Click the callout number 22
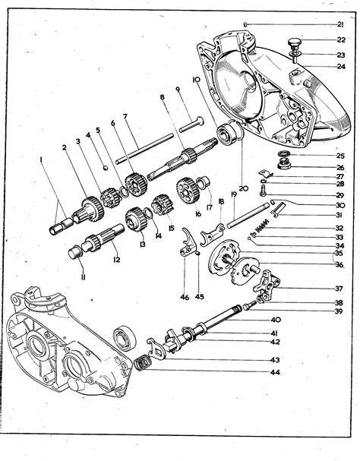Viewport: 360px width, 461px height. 341,40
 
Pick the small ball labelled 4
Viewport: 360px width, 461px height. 104,168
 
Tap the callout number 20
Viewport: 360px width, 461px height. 243,188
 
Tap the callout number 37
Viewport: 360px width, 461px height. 339,289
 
